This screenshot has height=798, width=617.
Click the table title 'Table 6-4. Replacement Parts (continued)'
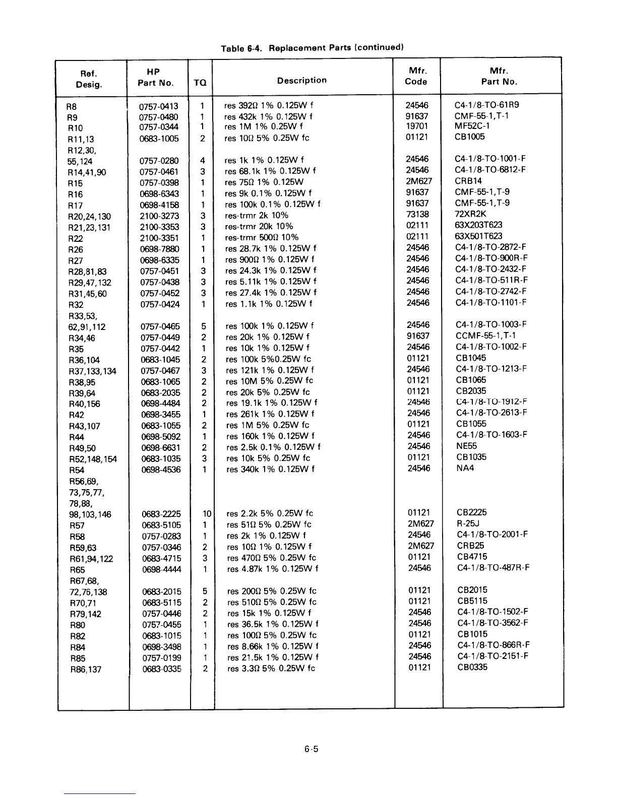[x=312, y=48]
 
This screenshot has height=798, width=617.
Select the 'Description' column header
[x=301, y=80]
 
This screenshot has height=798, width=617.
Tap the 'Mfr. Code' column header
[x=416, y=76]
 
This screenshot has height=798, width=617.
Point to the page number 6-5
[x=311, y=749]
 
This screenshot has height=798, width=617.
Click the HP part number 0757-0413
[x=158, y=106]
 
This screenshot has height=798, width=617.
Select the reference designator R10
[x=75, y=128]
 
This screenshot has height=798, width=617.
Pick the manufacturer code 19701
[x=417, y=126]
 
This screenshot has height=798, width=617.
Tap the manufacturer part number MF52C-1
[x=472, y=126]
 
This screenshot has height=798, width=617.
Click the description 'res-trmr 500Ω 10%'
[x=262, y=237]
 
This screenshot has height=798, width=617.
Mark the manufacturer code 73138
[x=417, y=215]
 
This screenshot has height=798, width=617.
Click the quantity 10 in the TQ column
[x=206, y=514]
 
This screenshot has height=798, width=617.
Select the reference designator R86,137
[x=86, y=670]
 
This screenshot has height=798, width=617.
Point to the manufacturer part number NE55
[x=466, y=446]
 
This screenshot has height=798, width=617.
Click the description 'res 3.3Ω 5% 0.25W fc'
[x=271, y=669]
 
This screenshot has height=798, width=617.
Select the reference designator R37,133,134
[x=92, y=371]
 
